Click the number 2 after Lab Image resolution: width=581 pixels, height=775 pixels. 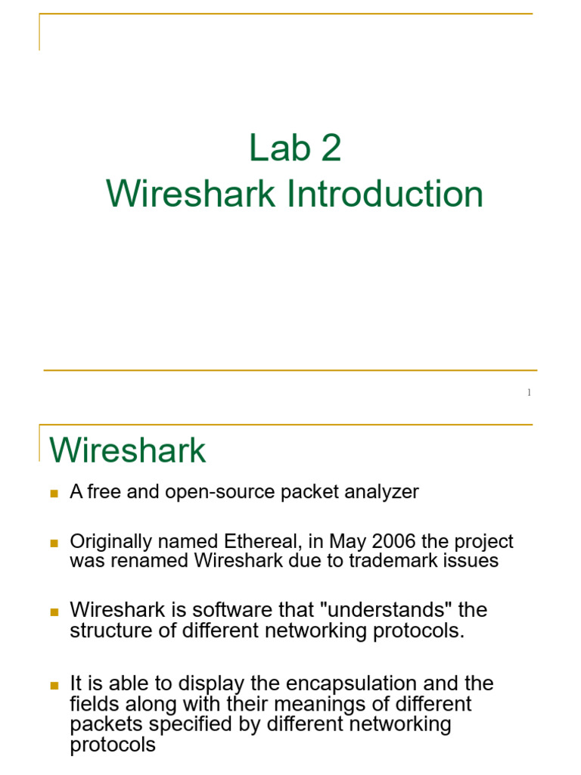click(331, 148)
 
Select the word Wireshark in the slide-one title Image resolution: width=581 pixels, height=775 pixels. click(190, 194)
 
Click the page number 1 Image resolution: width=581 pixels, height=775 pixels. click(529, 392)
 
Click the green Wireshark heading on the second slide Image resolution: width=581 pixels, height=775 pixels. click(128, 451)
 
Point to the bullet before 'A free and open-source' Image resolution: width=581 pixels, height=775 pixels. click(54, 493)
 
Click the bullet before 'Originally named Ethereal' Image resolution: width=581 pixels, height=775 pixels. click(54, 543)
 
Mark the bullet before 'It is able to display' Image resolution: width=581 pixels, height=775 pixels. click(54, 685)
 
